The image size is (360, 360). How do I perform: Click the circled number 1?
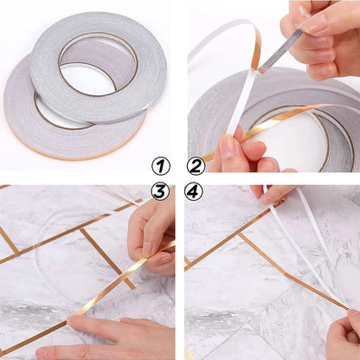pyautogui.click(x=161, y=165)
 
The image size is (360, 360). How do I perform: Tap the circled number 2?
pyautogui.click(x=196, y=165)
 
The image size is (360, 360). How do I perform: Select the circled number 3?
pyautogui.click(x=161, y=191)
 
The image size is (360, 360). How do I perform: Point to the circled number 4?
pyautogui.click(x=196, y=191)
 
